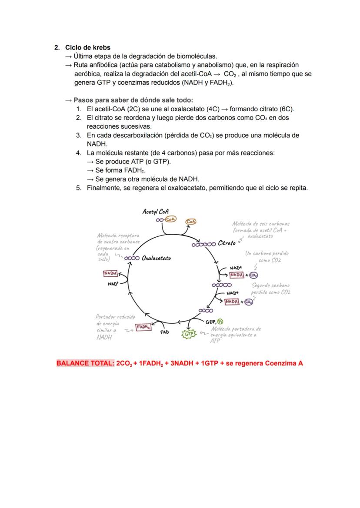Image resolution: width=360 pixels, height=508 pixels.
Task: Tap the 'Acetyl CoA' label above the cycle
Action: pos(155,212)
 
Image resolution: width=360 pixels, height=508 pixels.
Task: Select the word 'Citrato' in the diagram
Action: pos(227,243)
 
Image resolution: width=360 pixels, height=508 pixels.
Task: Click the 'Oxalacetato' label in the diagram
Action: pos(156,258)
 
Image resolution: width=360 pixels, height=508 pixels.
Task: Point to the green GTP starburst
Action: pos(189,334)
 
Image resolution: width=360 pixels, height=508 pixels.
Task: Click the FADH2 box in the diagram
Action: pos(143,328)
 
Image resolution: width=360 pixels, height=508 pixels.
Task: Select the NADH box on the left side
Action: pos(110,273)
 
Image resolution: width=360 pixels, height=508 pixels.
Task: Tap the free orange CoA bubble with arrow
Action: pos(190,222)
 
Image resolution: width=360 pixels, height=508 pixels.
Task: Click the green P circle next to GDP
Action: pos(220,322)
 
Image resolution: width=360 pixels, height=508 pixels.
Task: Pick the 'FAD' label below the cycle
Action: pos(164,332)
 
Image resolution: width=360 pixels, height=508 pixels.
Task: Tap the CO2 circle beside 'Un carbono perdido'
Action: pos(253,275)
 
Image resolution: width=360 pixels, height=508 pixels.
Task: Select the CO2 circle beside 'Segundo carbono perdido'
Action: pos(248,302)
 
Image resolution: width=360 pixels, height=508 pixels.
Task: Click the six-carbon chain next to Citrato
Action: pos(203,244)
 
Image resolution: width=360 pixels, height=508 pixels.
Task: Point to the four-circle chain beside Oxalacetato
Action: pos(132,258)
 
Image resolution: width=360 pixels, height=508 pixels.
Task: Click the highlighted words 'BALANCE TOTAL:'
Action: pos(85,363)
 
